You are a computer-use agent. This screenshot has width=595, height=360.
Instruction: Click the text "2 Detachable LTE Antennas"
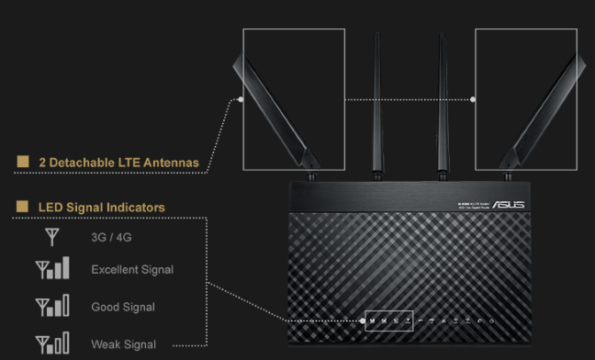point(118,163)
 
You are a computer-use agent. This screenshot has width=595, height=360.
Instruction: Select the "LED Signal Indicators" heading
point(101,208)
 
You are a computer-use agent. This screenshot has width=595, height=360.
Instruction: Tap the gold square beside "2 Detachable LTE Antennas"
point(22,163)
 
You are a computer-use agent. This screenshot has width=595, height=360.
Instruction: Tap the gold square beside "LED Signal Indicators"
point(22,208)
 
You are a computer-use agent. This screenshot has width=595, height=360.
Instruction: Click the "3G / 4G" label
point(110,236)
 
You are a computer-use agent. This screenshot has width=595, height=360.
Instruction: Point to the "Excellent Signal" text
point(132,269)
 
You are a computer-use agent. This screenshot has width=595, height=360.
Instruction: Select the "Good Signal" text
point(123,307)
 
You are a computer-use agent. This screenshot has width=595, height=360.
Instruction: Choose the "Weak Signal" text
point(123,344)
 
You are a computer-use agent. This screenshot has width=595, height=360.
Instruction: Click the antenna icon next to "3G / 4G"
point(51,236)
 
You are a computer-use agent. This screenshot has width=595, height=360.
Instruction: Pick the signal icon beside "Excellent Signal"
point(51,269)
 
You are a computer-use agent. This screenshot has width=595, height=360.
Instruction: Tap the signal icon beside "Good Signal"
point(51,307)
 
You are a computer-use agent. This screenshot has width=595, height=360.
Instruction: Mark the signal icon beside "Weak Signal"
point(51,344)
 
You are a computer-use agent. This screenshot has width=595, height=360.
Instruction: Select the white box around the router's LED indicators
point(389,320)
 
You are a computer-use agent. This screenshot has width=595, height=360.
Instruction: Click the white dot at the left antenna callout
point(241,98)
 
